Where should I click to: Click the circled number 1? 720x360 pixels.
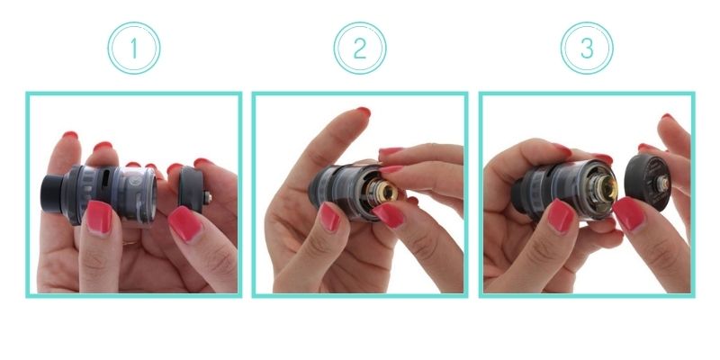133,49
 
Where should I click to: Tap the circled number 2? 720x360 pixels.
360,49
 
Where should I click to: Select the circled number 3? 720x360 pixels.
587,49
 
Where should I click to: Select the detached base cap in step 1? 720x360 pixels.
191,190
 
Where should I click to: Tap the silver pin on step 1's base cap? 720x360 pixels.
208,198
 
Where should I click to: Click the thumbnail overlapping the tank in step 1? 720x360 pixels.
99,217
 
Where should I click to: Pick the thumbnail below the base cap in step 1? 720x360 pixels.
185,223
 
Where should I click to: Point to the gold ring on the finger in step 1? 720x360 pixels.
130,243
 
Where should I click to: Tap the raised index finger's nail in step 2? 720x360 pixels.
364,111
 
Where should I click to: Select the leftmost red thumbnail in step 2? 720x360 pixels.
329,216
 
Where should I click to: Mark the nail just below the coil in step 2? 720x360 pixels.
389,216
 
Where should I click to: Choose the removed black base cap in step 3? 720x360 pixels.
648,183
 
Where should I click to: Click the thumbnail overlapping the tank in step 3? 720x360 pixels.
561,216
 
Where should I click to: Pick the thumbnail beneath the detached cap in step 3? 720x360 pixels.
629,214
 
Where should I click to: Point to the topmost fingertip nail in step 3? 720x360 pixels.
667,117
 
